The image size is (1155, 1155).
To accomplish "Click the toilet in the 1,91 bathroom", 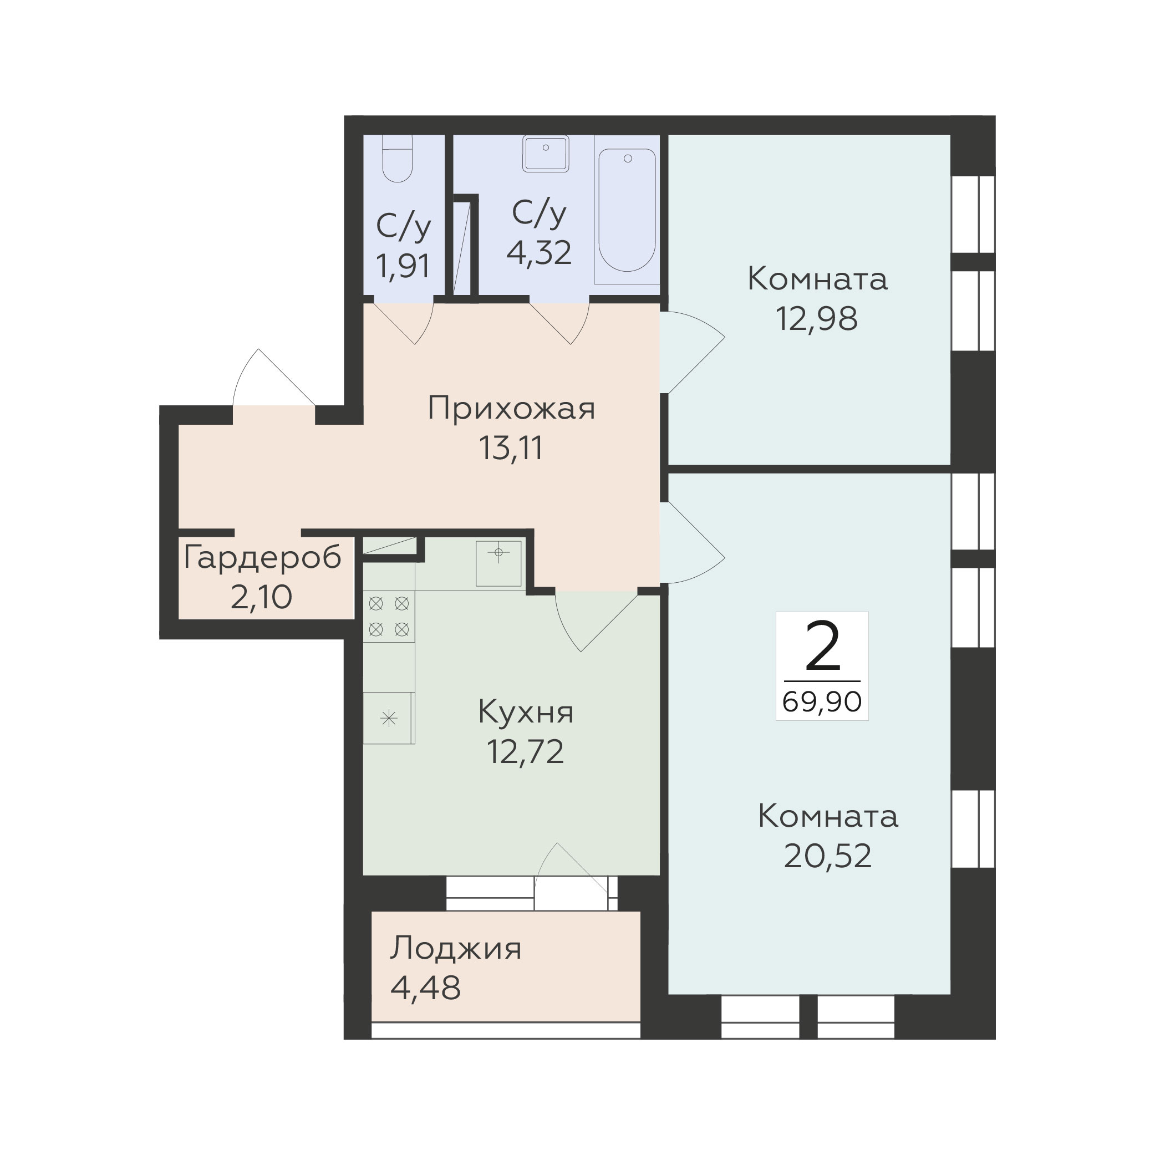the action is point(397,159).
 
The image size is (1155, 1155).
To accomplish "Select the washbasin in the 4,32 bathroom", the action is point(545,154).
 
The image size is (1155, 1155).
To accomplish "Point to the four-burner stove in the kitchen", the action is point(389,617).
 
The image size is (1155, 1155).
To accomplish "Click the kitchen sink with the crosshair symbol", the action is point(498,563).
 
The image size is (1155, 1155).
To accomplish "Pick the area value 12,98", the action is point(817,319).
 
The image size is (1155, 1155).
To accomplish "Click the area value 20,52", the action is point(827,856).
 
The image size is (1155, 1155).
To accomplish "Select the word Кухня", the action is point(526,712).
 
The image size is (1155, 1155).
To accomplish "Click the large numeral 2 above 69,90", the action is point(823,647).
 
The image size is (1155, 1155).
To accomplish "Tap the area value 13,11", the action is point(511,449).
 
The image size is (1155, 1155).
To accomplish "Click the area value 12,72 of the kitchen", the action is point(526,751).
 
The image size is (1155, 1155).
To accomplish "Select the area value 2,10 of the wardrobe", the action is point(261,597).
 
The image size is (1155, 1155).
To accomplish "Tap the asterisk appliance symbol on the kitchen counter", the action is point(389,718).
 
